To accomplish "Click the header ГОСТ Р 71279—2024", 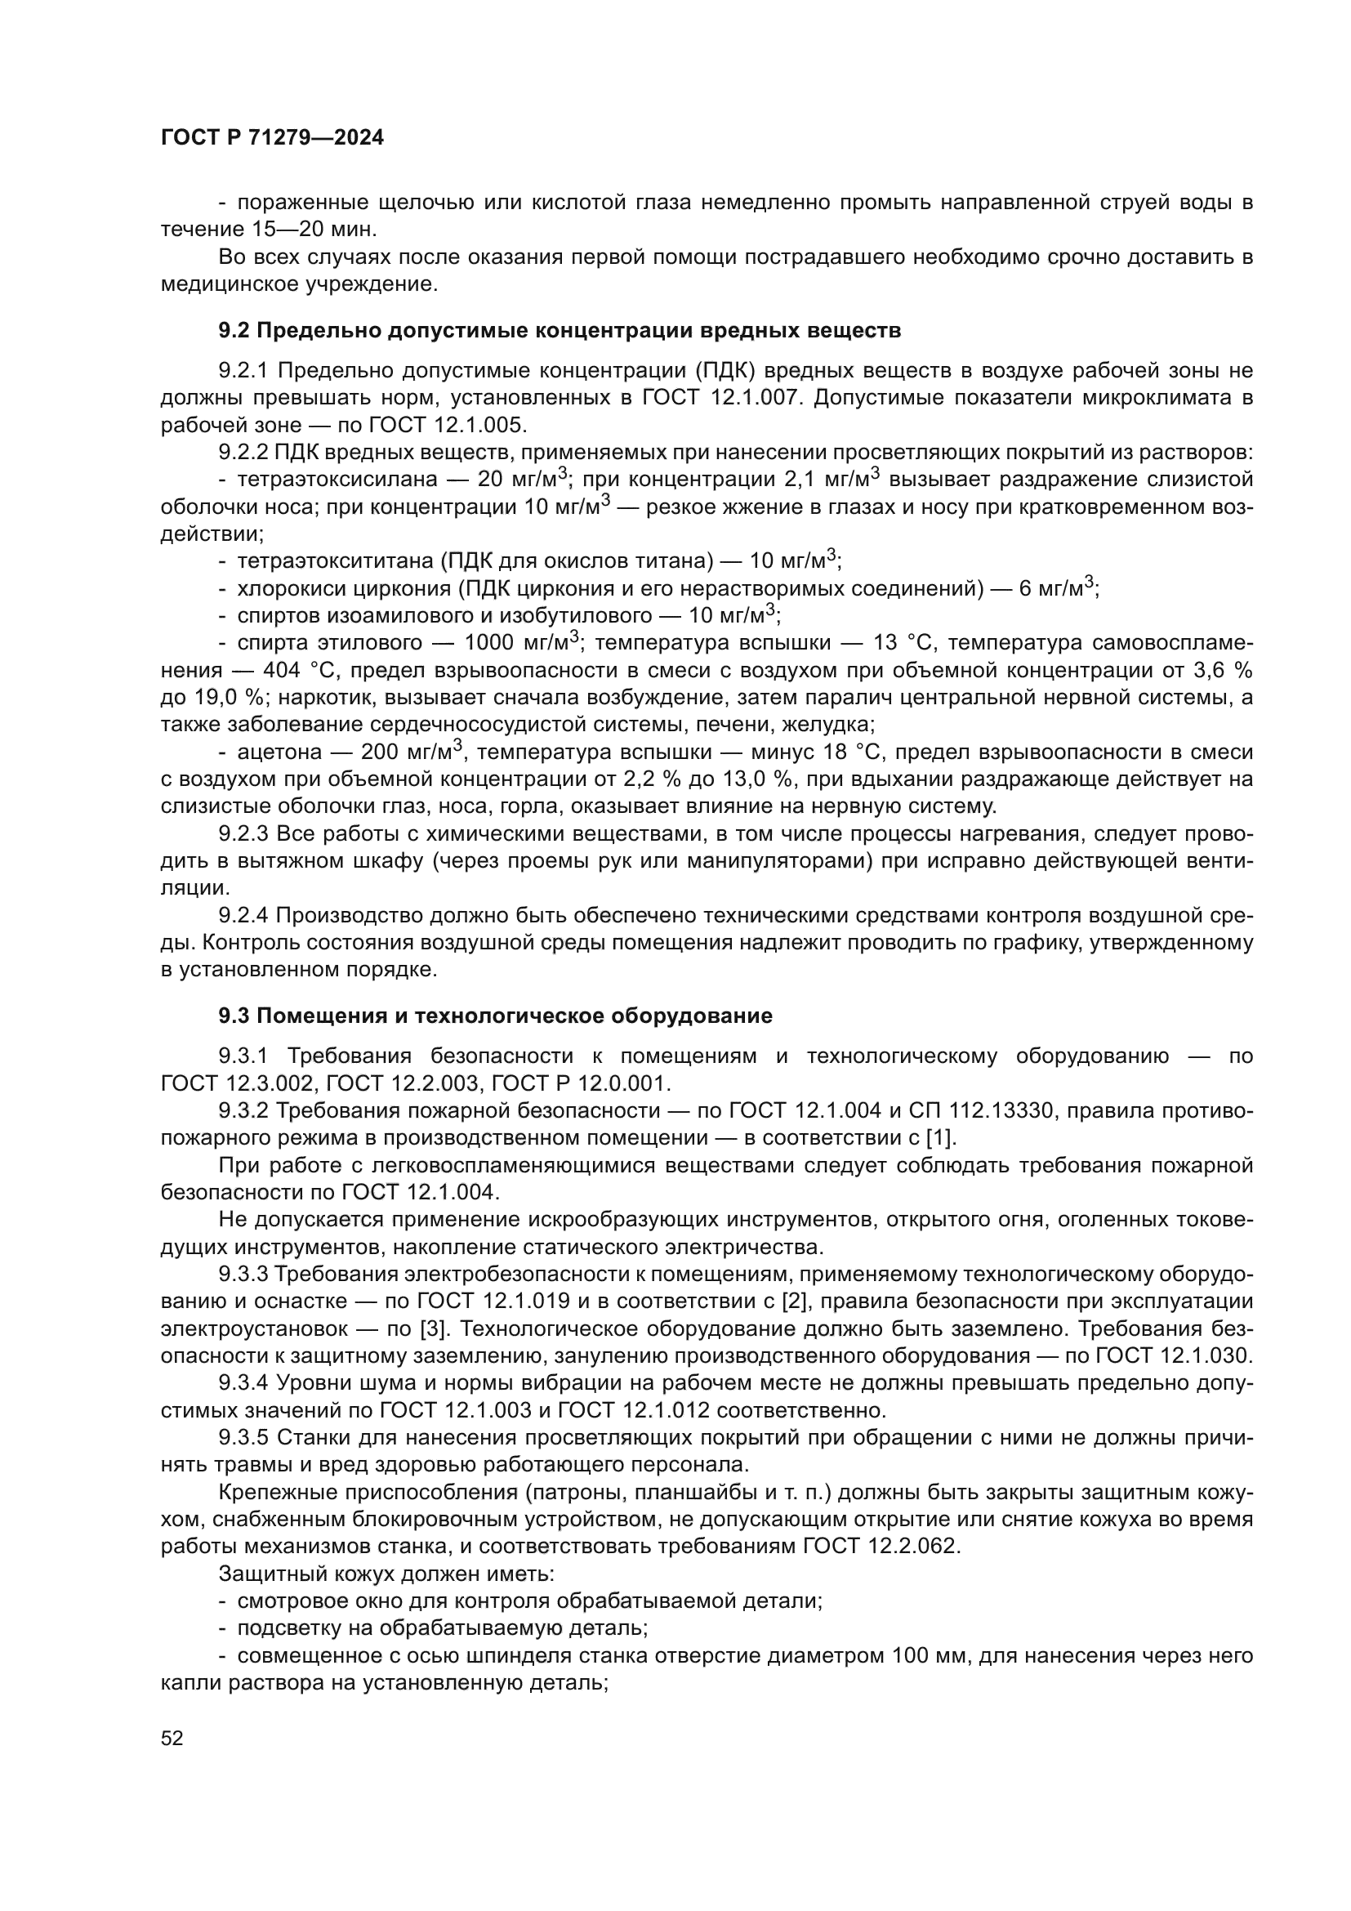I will click(x=272, y=138).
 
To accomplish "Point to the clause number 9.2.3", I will click(x=243, y=834).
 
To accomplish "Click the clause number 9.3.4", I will click(x=243, y=1382).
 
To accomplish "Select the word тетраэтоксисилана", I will click(x=337, y=480).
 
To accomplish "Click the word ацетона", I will click(x=279, y=752).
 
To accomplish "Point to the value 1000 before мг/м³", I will click(x=491, y=642).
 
